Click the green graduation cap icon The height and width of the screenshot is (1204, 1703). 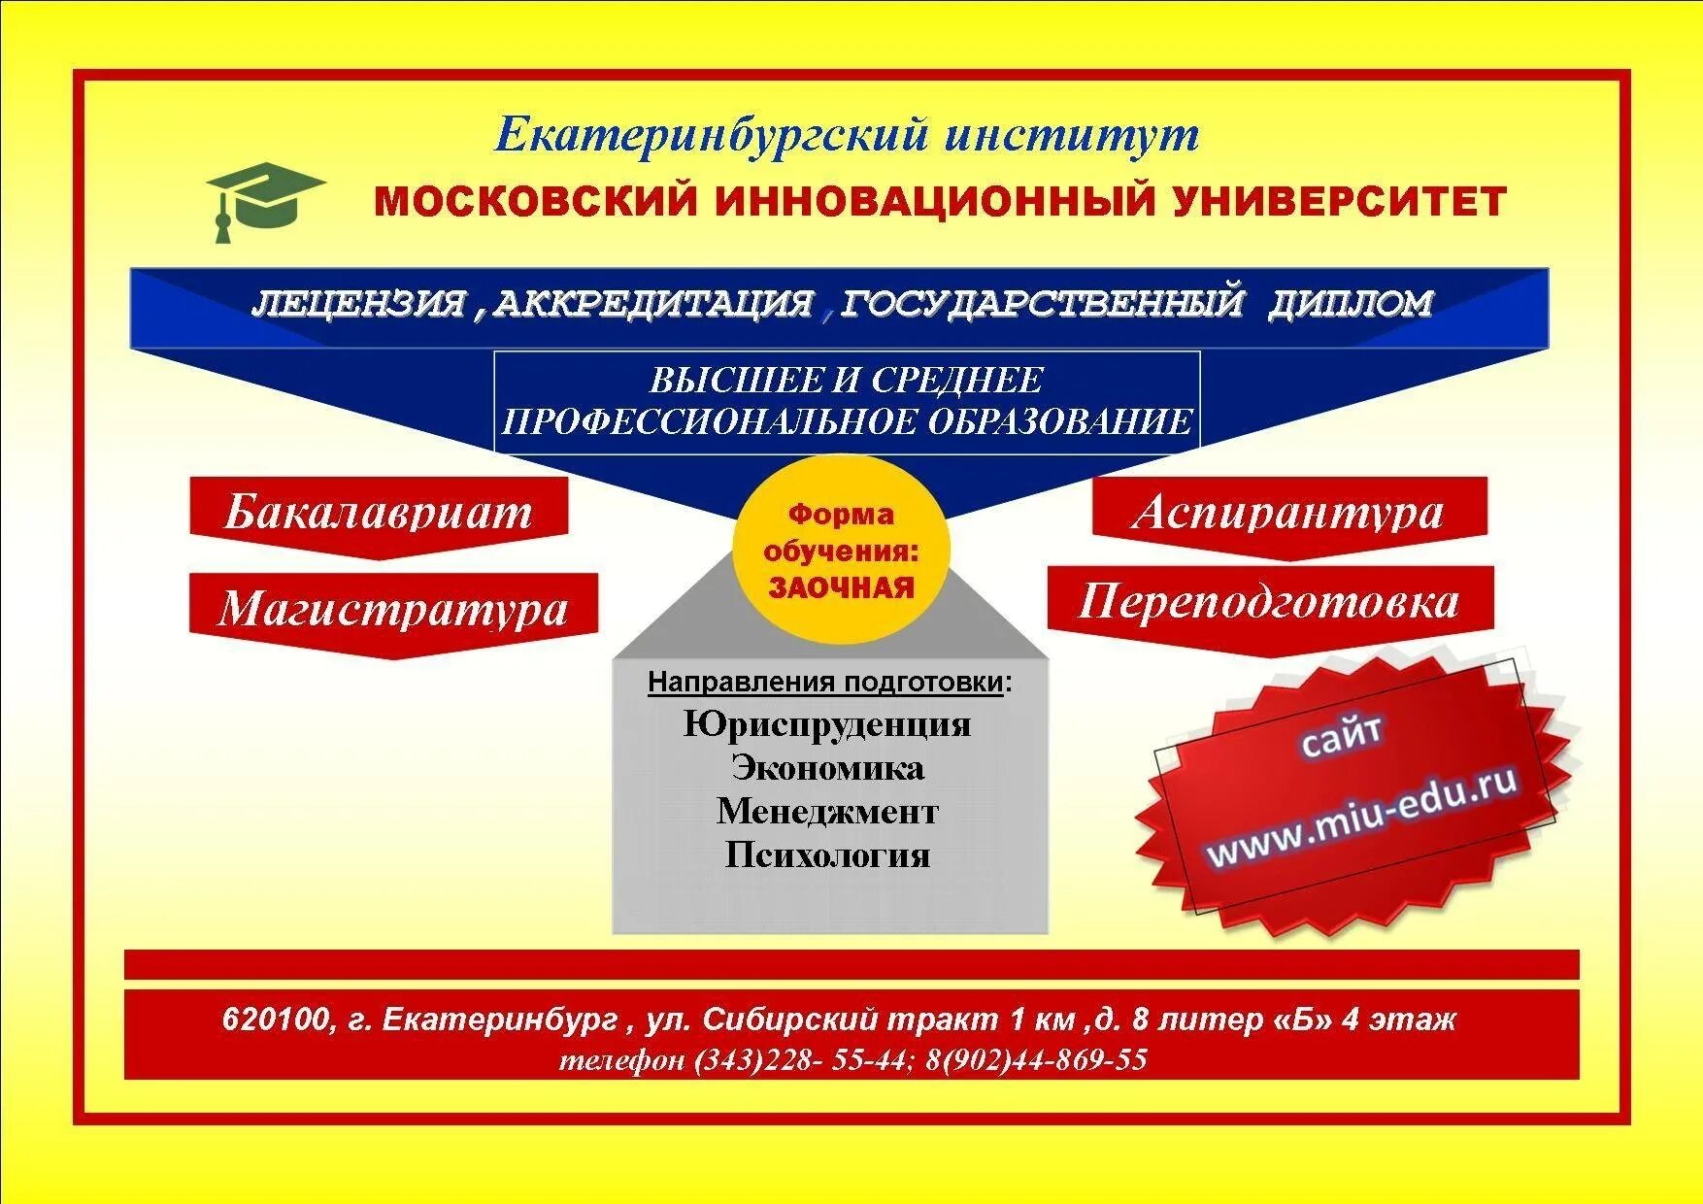click(x=264, y=200)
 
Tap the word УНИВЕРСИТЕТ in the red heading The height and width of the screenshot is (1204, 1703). click(x=1340, y=202)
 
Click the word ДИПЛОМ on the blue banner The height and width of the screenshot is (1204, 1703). click(x=1350, y=304)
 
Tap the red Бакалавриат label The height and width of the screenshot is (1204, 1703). click(x=379, y=512)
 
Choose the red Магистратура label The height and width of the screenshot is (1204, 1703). click(x=392, y=610)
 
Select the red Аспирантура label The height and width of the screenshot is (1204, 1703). click(x=1288, y=512)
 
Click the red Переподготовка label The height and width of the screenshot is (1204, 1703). click(x=1269, y=602)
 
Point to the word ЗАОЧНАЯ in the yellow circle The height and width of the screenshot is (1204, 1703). click(x=841, y=588)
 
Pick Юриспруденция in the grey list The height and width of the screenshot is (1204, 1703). click(x=827, y=724)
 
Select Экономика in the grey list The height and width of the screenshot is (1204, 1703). click(x=827, y=768)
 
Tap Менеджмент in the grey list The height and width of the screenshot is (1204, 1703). click(x=827, y=812)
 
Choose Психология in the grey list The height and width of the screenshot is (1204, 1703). click(x=827, y=855)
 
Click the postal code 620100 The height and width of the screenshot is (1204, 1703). click(x=275, y=1020)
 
